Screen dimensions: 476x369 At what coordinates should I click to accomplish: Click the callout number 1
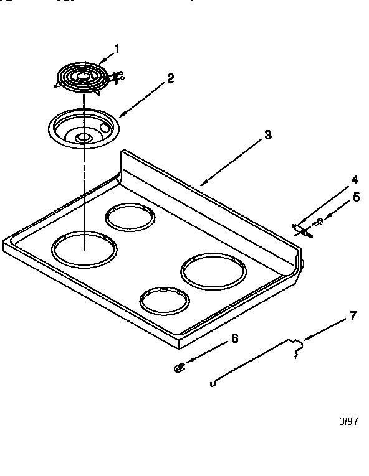(117, 49)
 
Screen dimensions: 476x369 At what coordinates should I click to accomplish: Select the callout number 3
(267, 135)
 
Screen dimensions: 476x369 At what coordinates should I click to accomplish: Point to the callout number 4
(354, 180)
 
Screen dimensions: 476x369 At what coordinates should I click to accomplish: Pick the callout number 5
(356, 197)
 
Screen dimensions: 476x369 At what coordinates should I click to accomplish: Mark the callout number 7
(353, 315)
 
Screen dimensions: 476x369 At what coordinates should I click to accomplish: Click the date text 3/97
(348, 421)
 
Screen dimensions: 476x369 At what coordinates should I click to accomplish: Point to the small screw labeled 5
(317, 222)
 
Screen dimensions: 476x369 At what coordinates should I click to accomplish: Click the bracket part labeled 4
(302, 230)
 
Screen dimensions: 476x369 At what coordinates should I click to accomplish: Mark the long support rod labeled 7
(249, 363)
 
